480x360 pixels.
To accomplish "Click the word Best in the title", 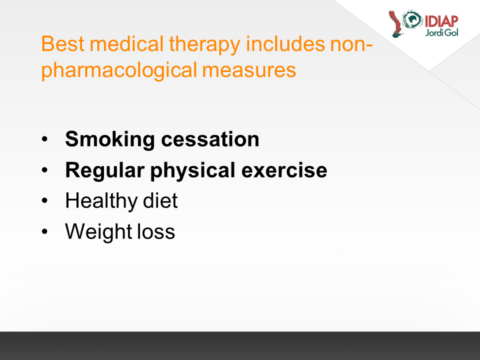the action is [x=62, y=44].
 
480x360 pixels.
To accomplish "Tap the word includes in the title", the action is [x=285, y=43].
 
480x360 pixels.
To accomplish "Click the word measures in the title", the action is [x=249, y=70].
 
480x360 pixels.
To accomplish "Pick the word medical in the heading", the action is [x=126, y=43].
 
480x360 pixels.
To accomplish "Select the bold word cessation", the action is [x=210, y=139].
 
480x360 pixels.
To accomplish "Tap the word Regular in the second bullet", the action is [x=104, y=171].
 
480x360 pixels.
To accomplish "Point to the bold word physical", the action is [x=192, y=171].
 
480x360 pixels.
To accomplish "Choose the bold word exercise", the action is [x=284, y=170].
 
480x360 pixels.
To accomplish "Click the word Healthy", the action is [x=101, y=201].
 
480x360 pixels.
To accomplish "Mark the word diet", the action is [x=160, y=201].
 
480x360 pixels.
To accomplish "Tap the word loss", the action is [x=156, y=231].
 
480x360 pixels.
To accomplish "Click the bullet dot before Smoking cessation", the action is [x=44, y=139].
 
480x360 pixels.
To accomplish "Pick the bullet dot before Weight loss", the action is [x=44, y=231].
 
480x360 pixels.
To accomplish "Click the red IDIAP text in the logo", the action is [x=441, y=21].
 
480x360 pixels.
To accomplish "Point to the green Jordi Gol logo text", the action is [x=441, y=32].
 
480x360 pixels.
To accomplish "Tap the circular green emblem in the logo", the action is [x=412, y=19].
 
